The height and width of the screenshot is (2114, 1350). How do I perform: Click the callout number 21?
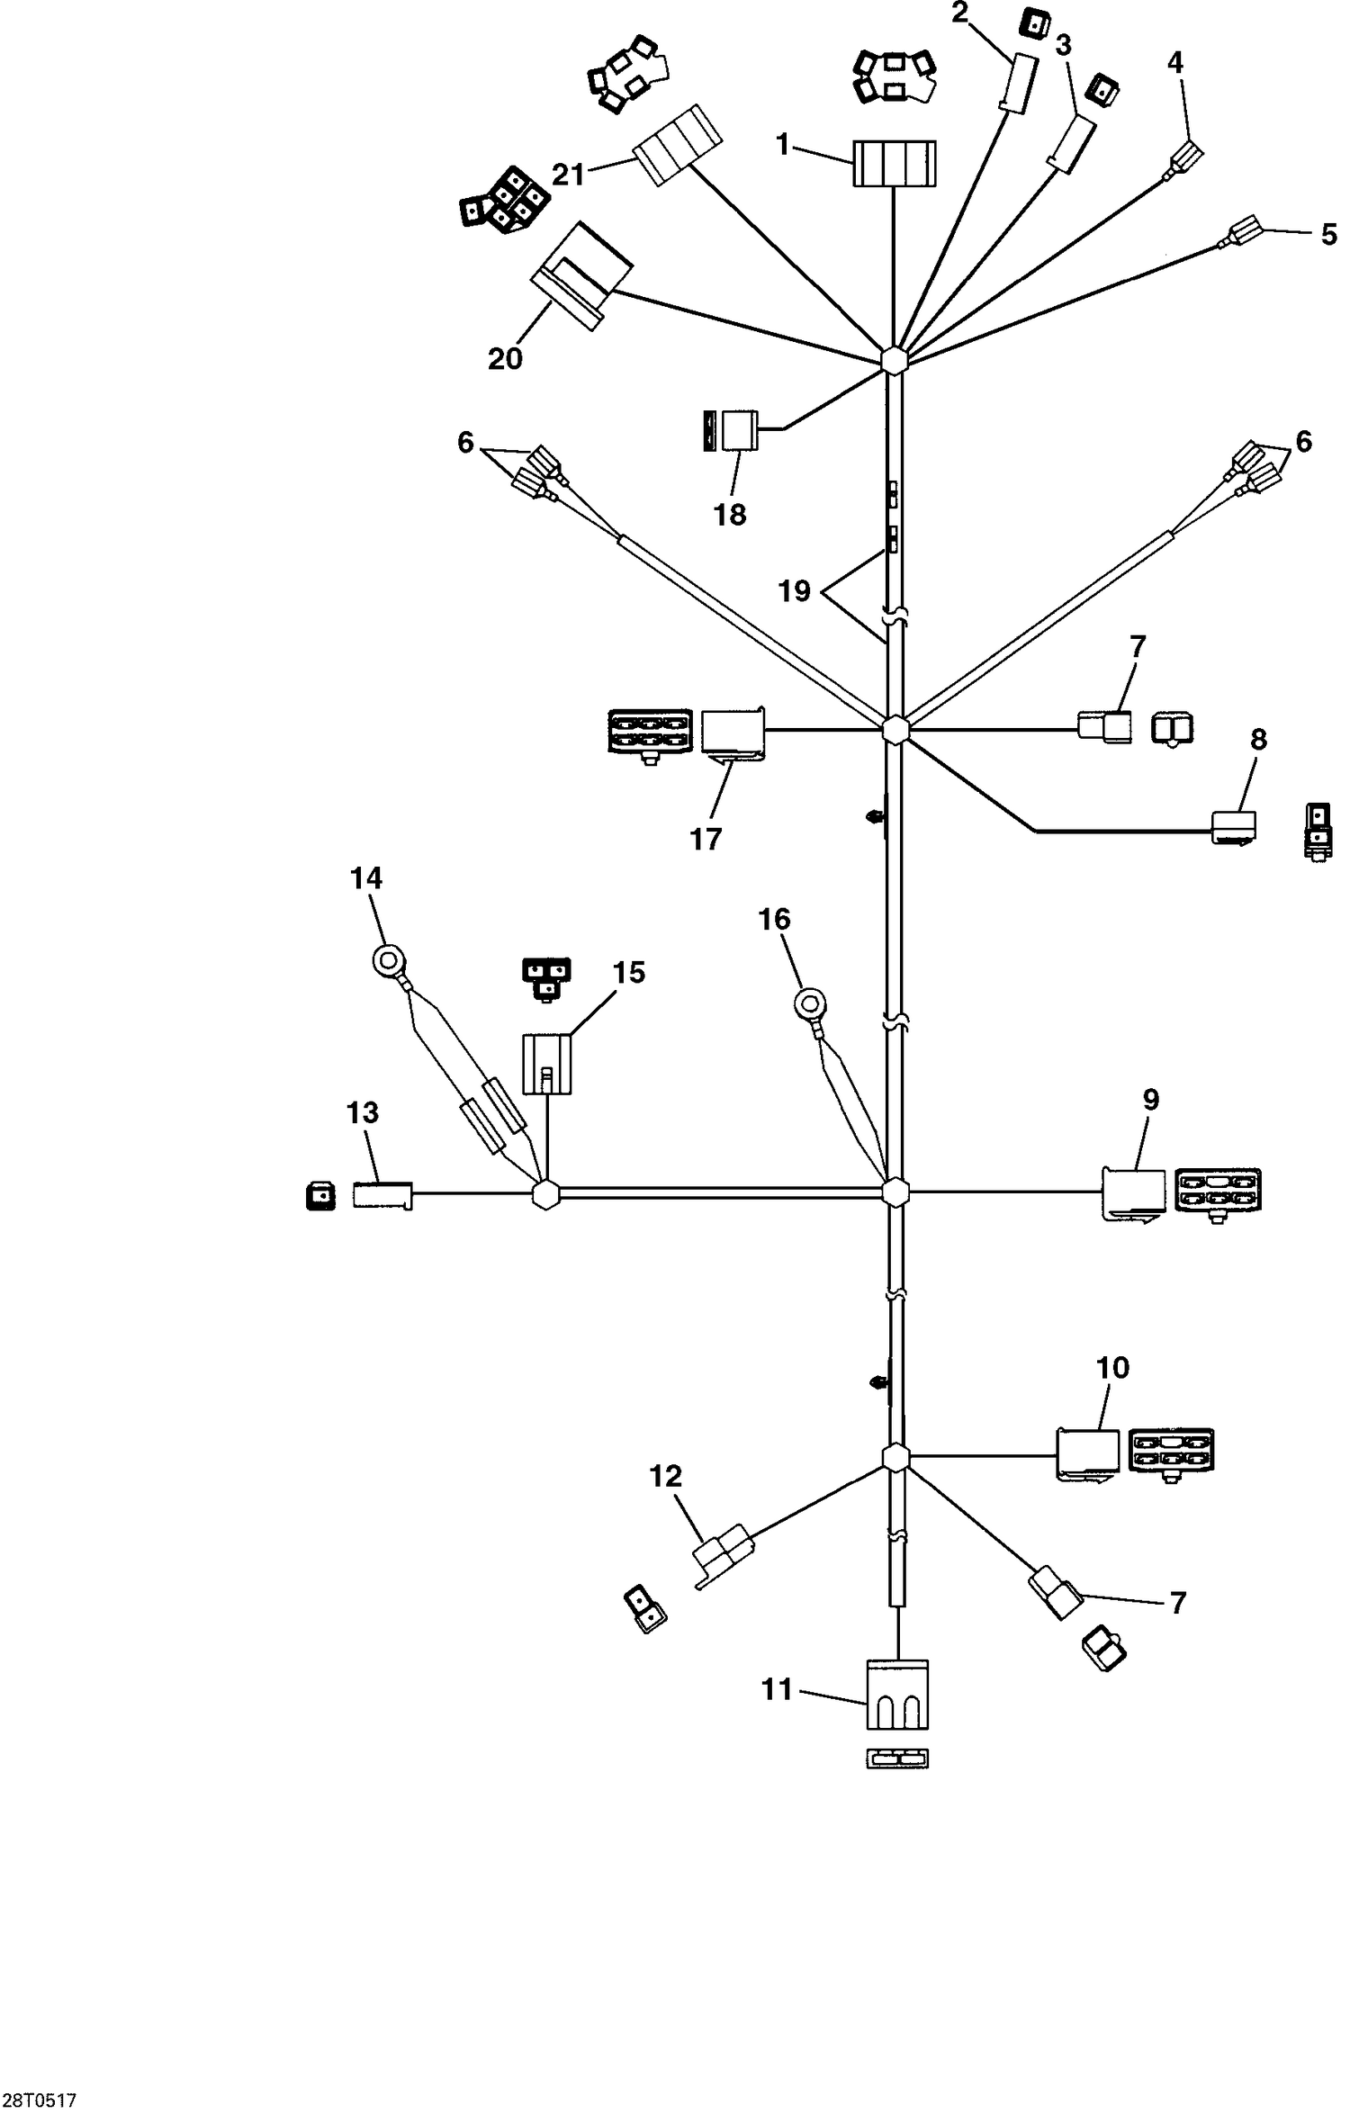tap(568, 174)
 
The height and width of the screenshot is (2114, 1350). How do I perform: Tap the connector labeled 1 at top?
tap(894, 164)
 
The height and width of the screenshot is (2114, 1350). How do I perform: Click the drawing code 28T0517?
tap(39, 2100)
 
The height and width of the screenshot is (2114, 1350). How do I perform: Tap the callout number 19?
tap(794, 591)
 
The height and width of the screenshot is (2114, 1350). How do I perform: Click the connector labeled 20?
tap(581, 274)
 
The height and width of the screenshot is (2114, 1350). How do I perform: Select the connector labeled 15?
tap(547, 1064)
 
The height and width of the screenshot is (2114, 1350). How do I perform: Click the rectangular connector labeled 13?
tap(382, 1195)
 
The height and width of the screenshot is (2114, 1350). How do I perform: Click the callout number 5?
tap(1328, 236)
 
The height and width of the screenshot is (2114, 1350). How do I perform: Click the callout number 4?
tap(1174, 62)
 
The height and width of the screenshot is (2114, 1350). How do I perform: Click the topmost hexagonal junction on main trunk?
tap(894, 360)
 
